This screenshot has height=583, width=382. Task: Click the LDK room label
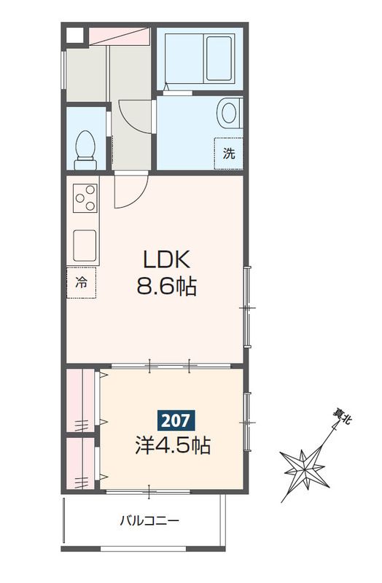click(166, 259)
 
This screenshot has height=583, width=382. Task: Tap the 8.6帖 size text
click(166, 287)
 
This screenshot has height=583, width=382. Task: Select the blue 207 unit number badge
click(175, 420)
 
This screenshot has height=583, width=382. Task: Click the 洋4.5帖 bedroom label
click(172, 445)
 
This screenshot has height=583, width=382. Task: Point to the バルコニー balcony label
click(149, 521)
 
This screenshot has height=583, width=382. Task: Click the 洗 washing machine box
click(229, 154)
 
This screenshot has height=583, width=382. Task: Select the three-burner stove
click(86, 197)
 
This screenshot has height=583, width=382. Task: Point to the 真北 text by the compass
click(340, 418)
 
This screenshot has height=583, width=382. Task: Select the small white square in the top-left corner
click(74, 34)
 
